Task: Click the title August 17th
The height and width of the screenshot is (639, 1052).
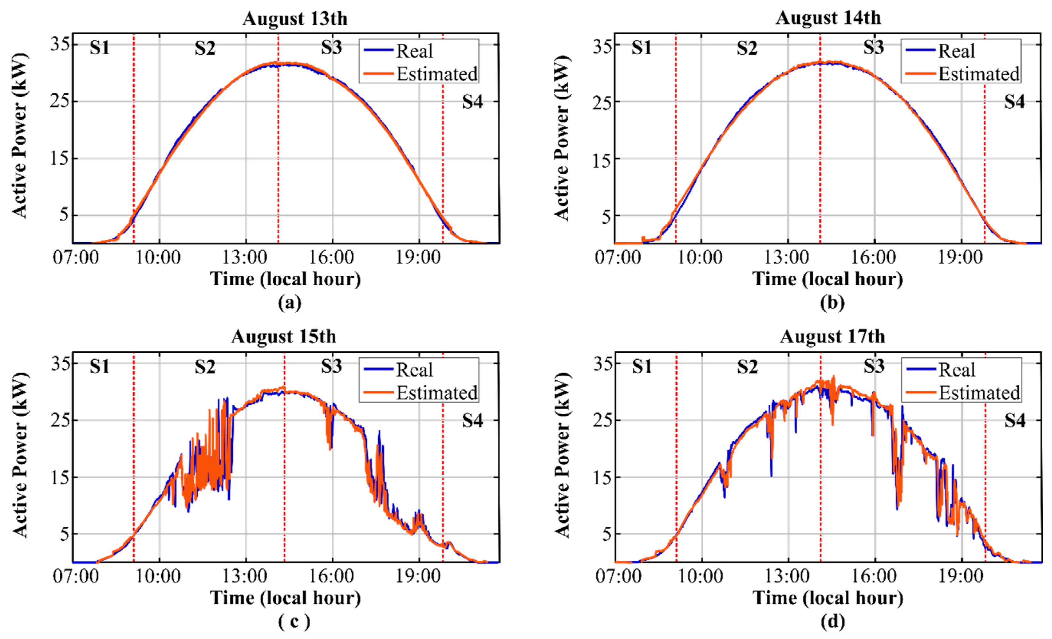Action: [x=832, y=337]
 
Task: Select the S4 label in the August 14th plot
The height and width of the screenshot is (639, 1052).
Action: [x=1014, y=102]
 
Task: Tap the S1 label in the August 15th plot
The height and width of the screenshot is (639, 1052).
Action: [x=99, y=367]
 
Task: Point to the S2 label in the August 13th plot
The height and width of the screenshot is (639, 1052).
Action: [x=205, y=48]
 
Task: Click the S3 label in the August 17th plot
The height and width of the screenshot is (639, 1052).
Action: [x=874, y=367]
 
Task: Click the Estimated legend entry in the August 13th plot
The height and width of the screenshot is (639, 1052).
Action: [x=436, y=74]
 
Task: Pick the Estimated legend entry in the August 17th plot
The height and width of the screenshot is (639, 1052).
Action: [x=979, y=393]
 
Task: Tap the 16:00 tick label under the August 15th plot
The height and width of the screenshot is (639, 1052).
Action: [x=331, y=576]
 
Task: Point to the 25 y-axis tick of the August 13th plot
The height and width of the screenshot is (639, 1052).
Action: [x=59, y=101]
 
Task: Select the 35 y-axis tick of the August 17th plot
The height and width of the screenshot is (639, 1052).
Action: [x=603, y=364]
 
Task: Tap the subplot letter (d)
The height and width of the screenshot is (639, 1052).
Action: [x=832, y=621]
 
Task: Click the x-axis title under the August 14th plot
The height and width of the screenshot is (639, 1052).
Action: [x=827, y=279]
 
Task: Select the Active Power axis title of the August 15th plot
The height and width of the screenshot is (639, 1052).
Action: [x=20, y=454]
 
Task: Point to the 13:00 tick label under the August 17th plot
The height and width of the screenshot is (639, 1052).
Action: [x=786, y=576]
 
